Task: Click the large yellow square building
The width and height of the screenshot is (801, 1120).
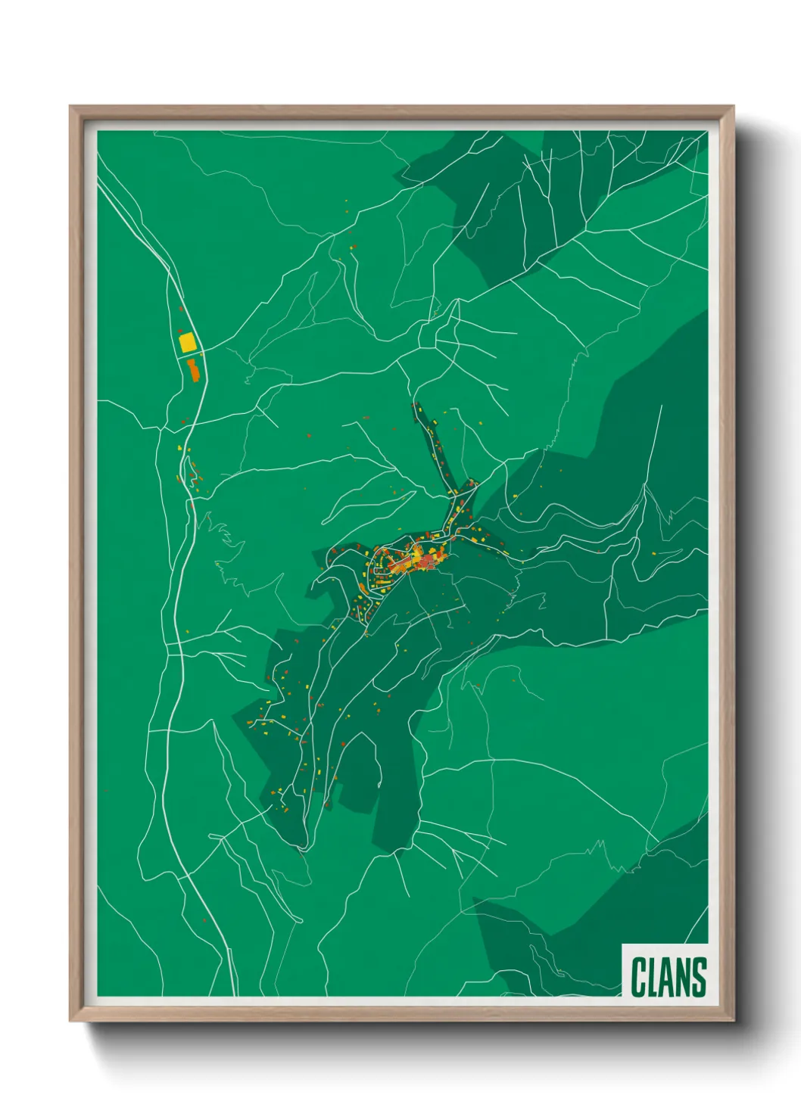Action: click(x=187, y=342)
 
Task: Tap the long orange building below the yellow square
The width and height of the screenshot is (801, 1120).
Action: click(x=193, y=369)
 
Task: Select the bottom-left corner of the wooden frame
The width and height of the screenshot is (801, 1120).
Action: click(x=71, y=1019)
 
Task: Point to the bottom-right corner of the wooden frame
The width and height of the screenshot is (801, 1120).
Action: click(x=732, y=1019)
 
